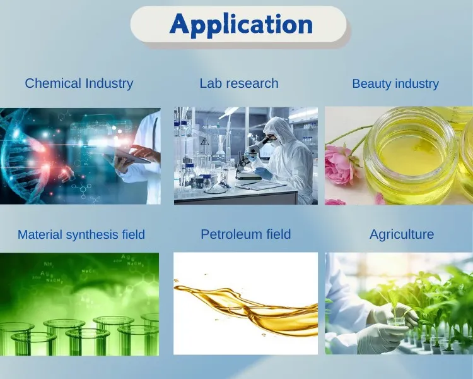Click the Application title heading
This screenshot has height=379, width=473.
tap(241, 25)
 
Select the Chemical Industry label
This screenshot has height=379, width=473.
tap(79, 83)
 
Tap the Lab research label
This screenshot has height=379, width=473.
tap(238, 83)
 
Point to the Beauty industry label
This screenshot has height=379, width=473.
tap(395, 83)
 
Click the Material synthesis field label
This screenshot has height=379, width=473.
tap(81, 234)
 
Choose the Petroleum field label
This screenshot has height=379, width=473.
tap(245, 234)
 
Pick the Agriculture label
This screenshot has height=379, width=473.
tap(402, 234)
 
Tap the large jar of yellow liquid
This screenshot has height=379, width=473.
tap(411, 158)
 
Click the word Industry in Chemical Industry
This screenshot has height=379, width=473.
tap(108, 83)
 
